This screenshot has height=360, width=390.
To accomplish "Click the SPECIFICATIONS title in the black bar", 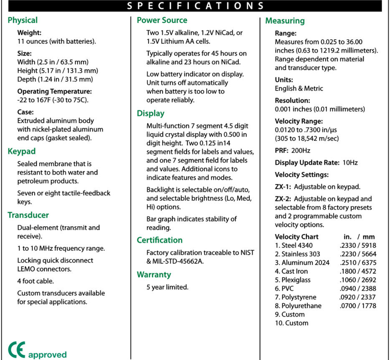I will point(195,6).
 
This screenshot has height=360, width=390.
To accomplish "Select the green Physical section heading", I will point(23,20).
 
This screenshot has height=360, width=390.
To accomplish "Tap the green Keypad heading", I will point(21,151).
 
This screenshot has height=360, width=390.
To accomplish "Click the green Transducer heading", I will point(28,215).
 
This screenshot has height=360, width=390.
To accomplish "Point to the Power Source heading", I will point(162,20).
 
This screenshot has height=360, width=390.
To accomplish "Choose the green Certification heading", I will point(160,240).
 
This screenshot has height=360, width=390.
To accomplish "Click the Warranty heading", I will point(154,274).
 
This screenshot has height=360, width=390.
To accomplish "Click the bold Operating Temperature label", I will point(54,91).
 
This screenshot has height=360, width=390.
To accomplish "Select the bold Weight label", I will point(29,33).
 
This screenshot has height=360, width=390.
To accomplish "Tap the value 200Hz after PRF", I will point(301,150).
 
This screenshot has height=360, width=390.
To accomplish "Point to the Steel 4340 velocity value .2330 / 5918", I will point(357,245).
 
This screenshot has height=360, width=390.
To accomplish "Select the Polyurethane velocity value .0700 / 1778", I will point(357,306).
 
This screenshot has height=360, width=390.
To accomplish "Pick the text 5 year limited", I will point(167,287).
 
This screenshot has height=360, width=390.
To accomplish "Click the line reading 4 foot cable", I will point(35,281).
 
